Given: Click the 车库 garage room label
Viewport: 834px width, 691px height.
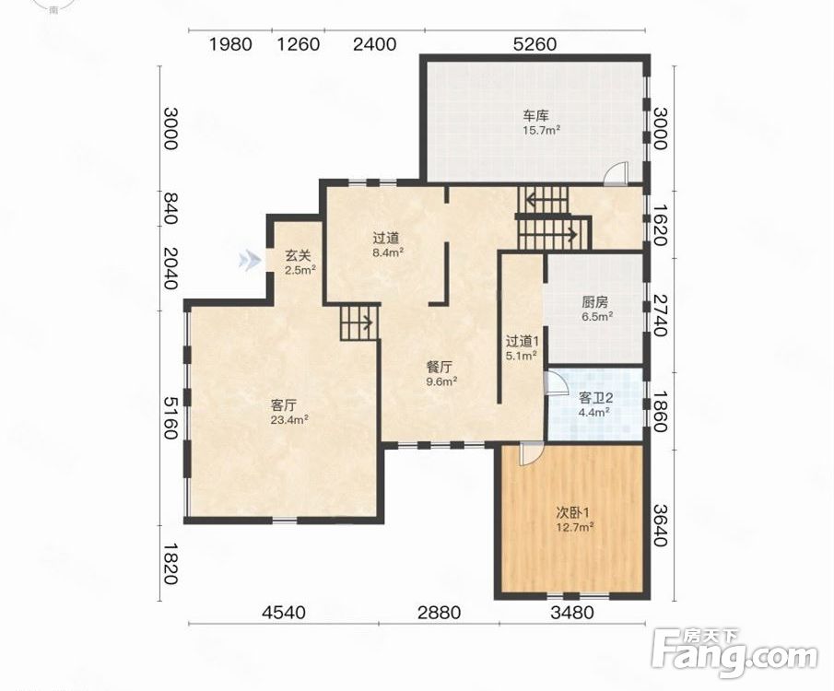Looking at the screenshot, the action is [x=535, y=115].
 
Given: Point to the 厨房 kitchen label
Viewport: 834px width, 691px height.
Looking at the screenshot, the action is [x=594, y=303].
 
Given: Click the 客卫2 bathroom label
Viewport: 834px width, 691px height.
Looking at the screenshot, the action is [x=595, y=397].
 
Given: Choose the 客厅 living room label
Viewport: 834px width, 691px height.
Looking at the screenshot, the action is [x=284, y=406].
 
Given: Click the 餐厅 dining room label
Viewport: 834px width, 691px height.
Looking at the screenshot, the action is [x=440, y=367].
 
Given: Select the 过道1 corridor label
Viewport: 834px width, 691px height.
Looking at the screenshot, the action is [x=523, y=341].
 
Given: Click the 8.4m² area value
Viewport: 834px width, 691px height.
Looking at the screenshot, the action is [x=388, y=253].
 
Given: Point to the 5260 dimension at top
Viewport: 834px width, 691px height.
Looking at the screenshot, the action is [x=534, y=43].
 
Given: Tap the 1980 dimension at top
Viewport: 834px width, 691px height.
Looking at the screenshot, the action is [x=230, y=43].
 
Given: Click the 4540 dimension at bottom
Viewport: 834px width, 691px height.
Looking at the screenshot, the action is [x=284, y=613].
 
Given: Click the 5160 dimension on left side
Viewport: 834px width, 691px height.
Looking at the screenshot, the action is [x=170, y=417].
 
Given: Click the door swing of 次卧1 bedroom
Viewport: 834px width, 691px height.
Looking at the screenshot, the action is [x=530, y=452].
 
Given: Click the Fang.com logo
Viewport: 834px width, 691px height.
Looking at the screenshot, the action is [x=734, y=653].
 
